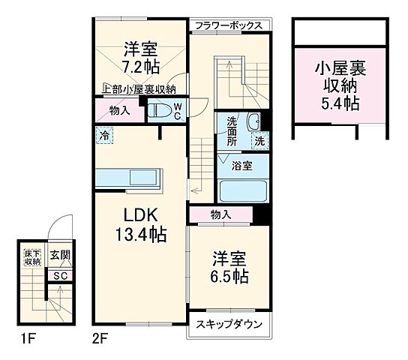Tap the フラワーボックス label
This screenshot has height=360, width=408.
pyautogui.click(x=227, y=25)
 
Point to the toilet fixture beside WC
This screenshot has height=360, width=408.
pyautogui.click(x=159, y=111)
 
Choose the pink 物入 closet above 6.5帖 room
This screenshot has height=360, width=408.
pyautogui.click(x=221, y=215)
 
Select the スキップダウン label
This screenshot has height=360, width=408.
pyautogui.click(x=229, y=325)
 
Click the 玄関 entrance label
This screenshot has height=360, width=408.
pyautogui.click(x=60, y=255)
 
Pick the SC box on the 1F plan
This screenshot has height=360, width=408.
pyautogui.click(x=60, y=274)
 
